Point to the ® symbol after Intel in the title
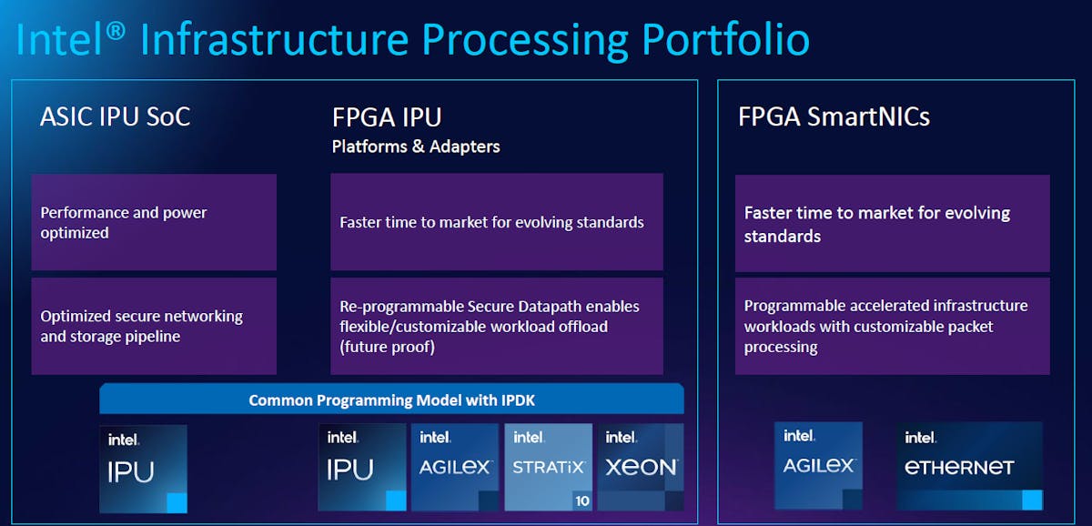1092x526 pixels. (x=116, y=29)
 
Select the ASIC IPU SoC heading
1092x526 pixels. (x=115, y=117)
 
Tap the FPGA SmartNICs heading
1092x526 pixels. (x=834, y=117)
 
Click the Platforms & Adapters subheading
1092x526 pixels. (x=416, y=147)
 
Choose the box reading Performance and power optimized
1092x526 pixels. (x=154, y=223)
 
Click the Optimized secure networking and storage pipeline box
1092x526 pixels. (x=154, y=326)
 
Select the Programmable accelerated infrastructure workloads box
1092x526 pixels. (x=892, y=326)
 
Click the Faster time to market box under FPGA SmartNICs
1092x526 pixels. (x=892, y=224)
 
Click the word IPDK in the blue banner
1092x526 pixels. (x=516, y=400)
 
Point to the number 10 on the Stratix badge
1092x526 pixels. (x=581, y=501)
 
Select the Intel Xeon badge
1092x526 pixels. (x=640, y=467)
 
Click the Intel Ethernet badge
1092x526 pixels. (x=969, y=465)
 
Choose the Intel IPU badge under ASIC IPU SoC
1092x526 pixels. (x=143, y=468)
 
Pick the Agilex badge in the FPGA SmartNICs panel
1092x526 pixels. (x=818, y=465)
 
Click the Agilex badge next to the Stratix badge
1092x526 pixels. (x=455, y=467)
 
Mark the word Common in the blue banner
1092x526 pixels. (x=278, y=400)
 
